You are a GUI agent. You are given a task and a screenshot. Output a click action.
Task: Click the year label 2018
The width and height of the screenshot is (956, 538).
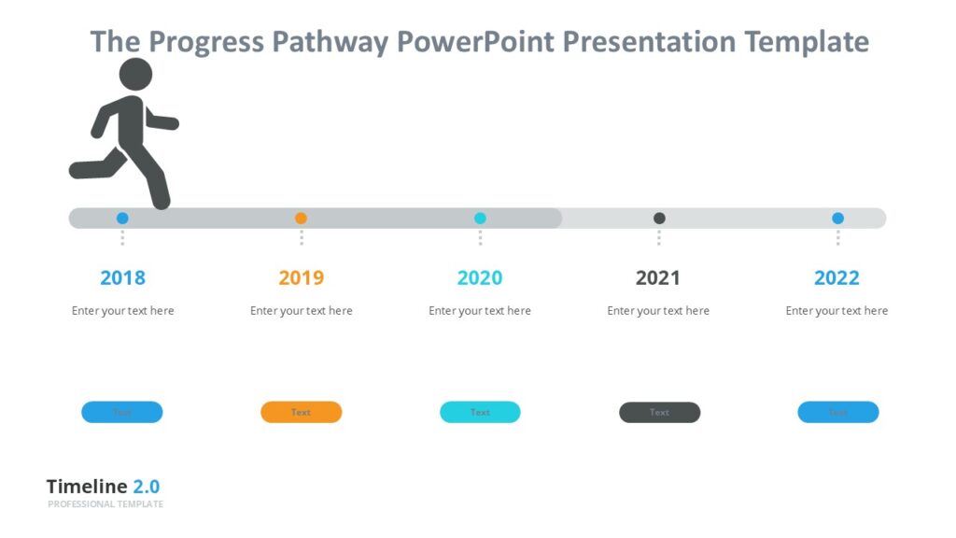(x=122, y=277)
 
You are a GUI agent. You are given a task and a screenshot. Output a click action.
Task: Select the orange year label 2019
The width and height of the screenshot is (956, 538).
(x=301, y=277)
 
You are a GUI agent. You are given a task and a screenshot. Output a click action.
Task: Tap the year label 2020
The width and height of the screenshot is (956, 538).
(x=480, y=277)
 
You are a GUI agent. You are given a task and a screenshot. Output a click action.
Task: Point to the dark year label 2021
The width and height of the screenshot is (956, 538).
(x=658, y=277)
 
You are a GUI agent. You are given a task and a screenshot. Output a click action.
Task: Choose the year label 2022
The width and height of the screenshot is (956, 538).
(x=836, y=277)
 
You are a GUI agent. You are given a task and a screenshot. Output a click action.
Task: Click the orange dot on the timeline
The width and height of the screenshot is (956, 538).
(x=301, y=219)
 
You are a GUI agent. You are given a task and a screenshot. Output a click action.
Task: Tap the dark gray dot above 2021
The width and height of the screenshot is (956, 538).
(x=659, y=219)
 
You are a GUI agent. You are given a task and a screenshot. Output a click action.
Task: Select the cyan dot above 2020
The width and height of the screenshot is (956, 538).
(x=480, y=219)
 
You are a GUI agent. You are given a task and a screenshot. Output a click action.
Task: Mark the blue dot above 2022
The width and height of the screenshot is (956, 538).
(x=837, y=219)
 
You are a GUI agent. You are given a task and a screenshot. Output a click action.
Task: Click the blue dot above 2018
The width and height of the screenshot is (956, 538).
(x=122, y=219)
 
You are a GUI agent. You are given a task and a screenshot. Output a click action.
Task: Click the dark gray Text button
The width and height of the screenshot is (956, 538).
(x=659, y=412)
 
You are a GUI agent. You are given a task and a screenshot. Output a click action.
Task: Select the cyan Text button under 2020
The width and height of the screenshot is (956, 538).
(x=480, y=412)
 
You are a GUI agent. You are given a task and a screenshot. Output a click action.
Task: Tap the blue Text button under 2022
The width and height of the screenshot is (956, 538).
(x=837, y=412)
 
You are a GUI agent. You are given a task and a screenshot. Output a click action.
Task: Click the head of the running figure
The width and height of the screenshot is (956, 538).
(x=136, y=75)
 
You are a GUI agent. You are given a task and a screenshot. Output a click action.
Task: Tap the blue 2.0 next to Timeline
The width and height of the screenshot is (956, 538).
(x=146, y=487)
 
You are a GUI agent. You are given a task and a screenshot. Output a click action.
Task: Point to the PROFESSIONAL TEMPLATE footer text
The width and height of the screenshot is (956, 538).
(x=105, y=504)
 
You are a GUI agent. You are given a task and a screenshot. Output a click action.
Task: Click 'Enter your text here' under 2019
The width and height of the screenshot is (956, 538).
(x=301, y=311)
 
